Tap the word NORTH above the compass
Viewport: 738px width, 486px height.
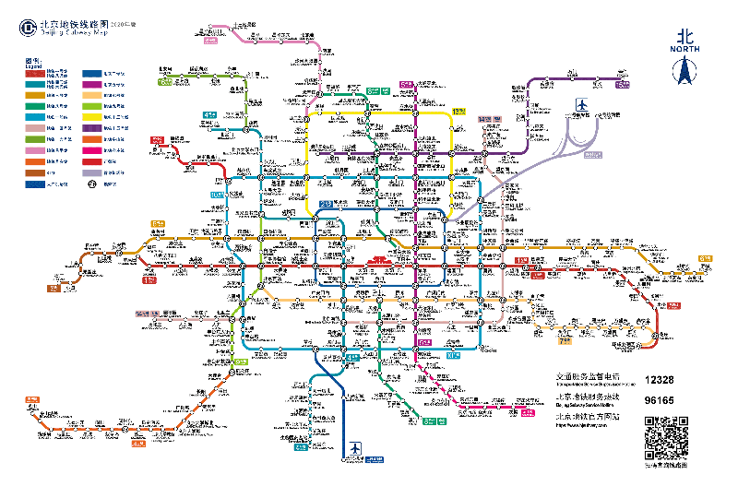684,48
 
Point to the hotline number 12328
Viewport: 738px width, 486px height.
660,379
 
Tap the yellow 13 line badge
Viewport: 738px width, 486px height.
458,111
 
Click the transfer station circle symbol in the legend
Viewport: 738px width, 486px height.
92,184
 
